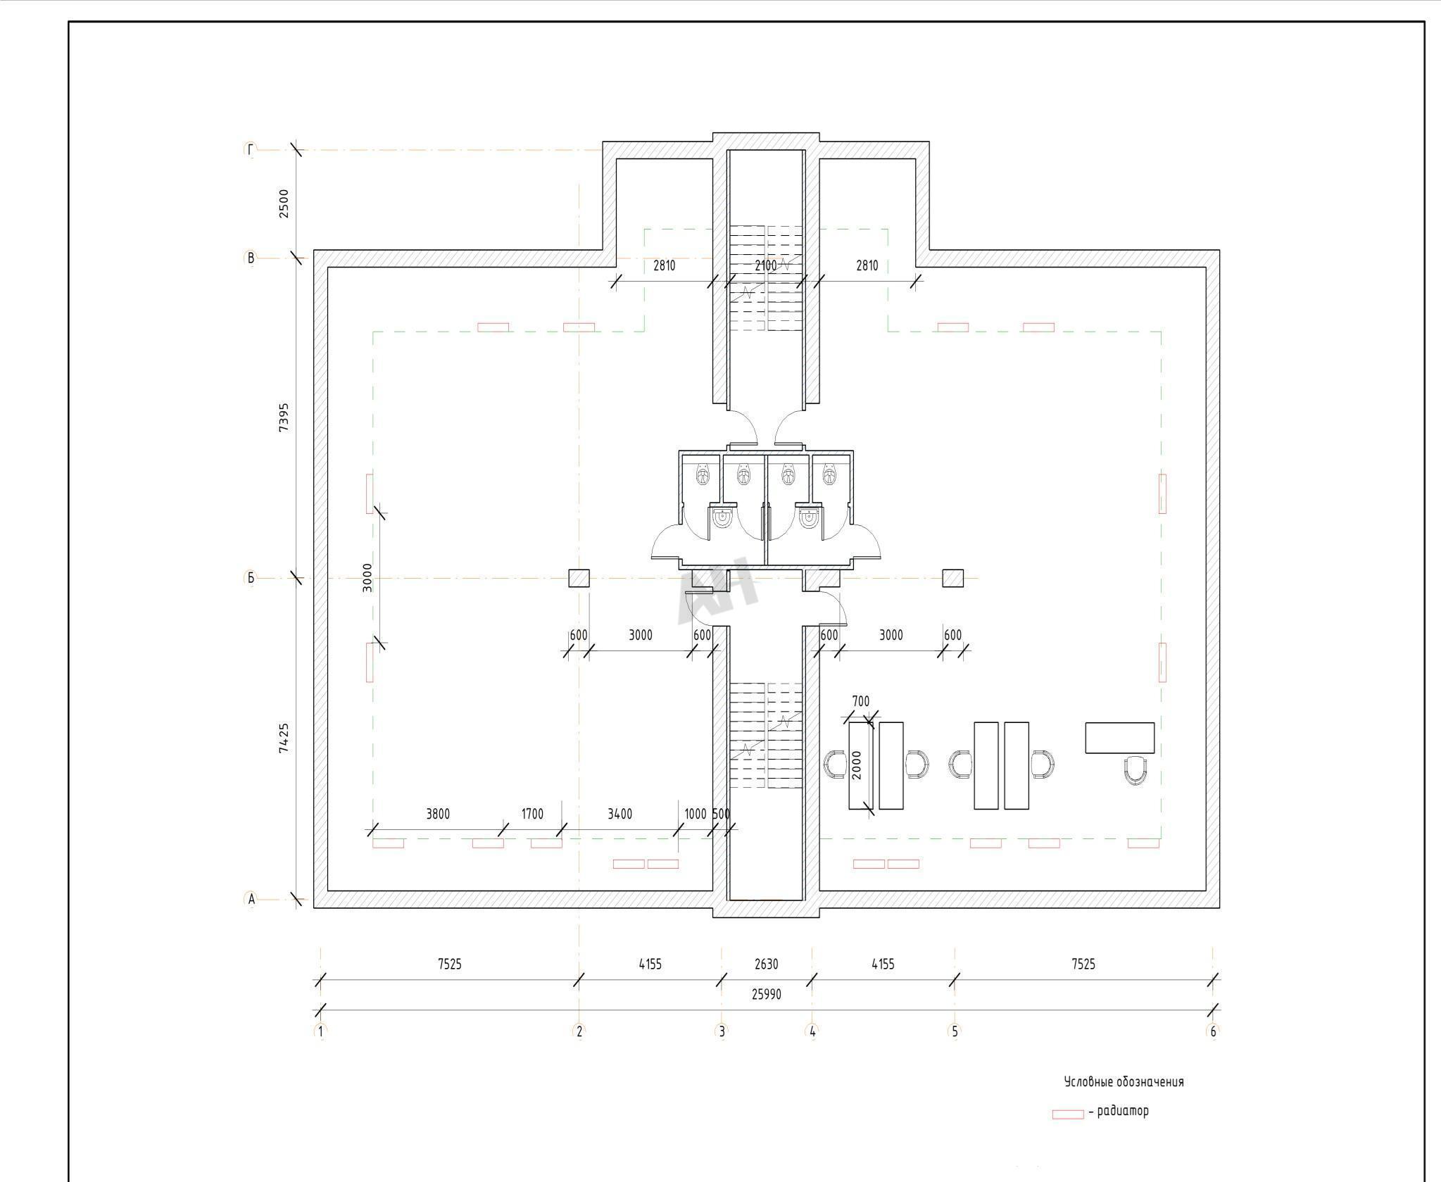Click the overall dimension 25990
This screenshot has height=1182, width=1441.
767,994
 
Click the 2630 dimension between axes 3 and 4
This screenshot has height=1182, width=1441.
767,964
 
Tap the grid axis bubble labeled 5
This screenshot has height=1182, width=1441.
955,1031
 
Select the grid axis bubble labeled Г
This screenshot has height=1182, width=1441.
251,149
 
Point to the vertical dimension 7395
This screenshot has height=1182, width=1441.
284,417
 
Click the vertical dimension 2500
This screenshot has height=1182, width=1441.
284,203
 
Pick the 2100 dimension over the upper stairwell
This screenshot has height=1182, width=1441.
766,265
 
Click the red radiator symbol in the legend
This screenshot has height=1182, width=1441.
1068,1114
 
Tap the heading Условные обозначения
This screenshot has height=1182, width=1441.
1124,1082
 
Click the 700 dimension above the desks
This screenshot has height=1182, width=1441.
860,701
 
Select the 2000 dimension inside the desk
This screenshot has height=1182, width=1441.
857,765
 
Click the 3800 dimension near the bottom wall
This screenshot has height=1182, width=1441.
438,814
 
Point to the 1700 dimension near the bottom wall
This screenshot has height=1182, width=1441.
532,814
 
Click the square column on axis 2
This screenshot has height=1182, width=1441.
579,578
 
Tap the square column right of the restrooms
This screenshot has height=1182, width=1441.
952,578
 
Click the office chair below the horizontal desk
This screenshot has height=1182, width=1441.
1135,770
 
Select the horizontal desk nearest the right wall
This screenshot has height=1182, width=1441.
1119,737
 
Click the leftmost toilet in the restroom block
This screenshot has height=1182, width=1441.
703,475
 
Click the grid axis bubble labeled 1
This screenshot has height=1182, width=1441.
321,1031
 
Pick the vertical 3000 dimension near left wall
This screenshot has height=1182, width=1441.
367,577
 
